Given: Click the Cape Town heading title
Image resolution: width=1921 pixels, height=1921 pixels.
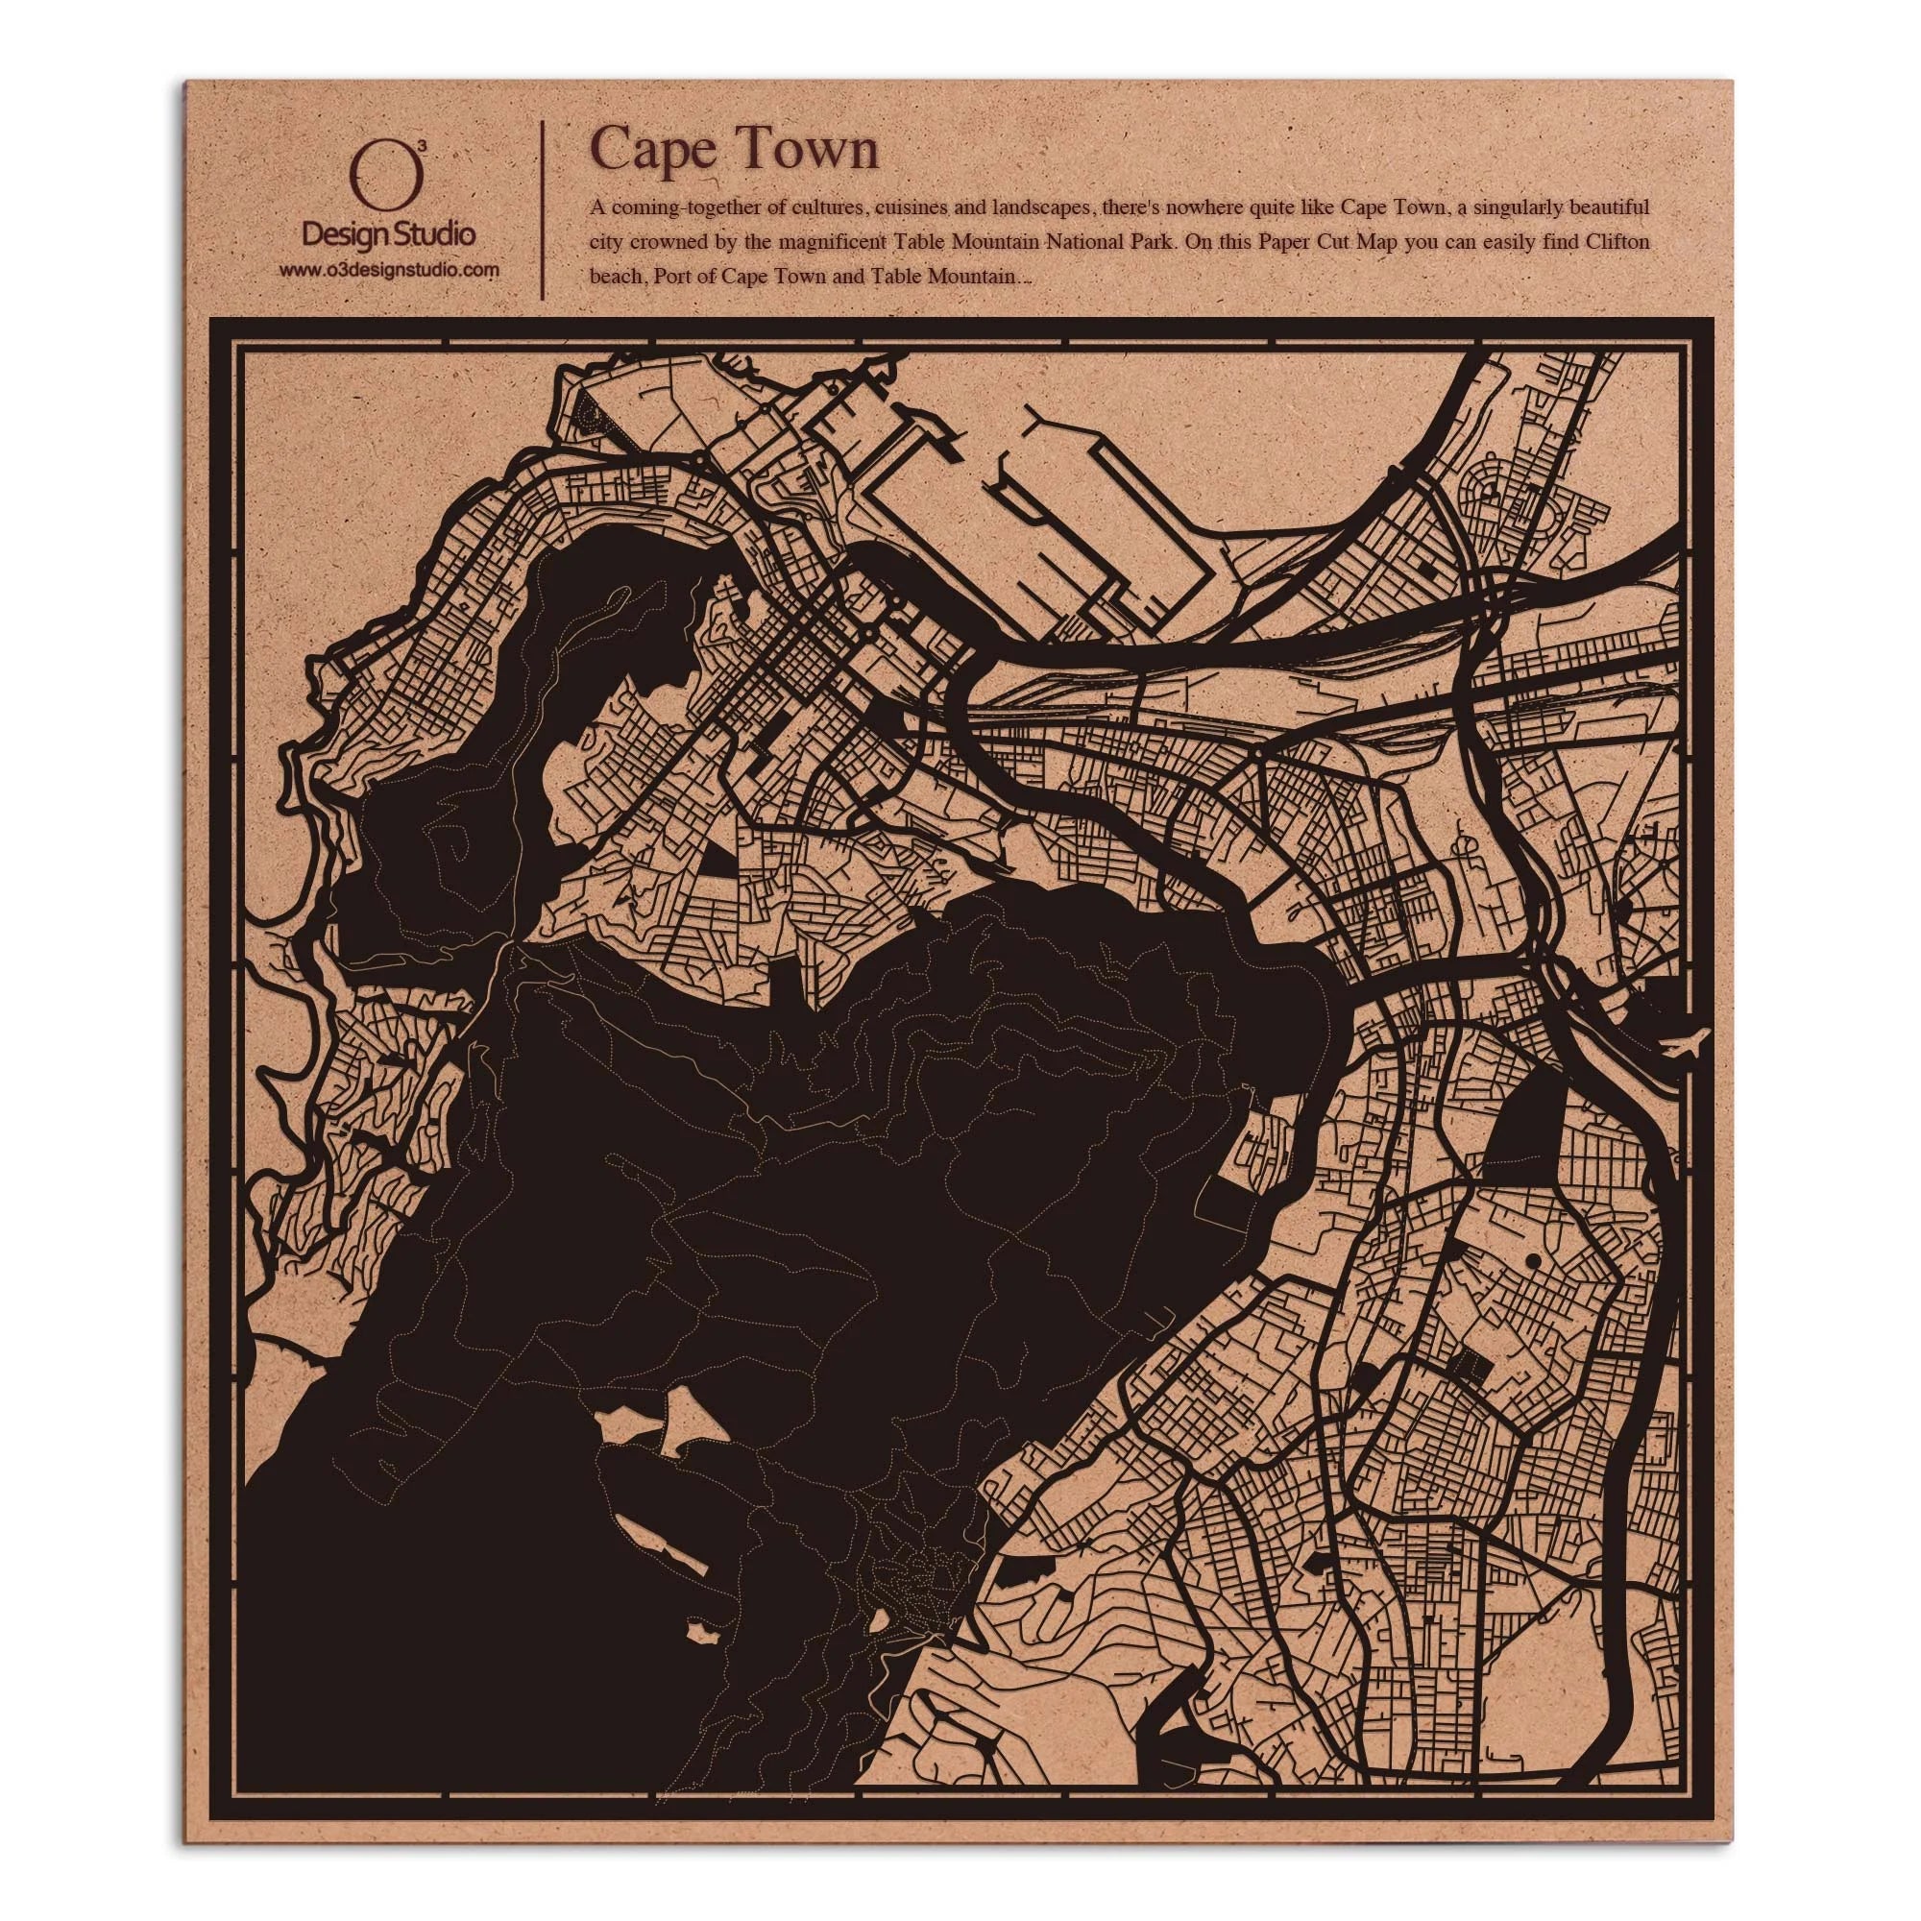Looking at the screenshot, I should click(x=735, y=151).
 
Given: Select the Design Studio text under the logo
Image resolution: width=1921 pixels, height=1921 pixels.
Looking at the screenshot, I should click(x=388, y=235).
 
